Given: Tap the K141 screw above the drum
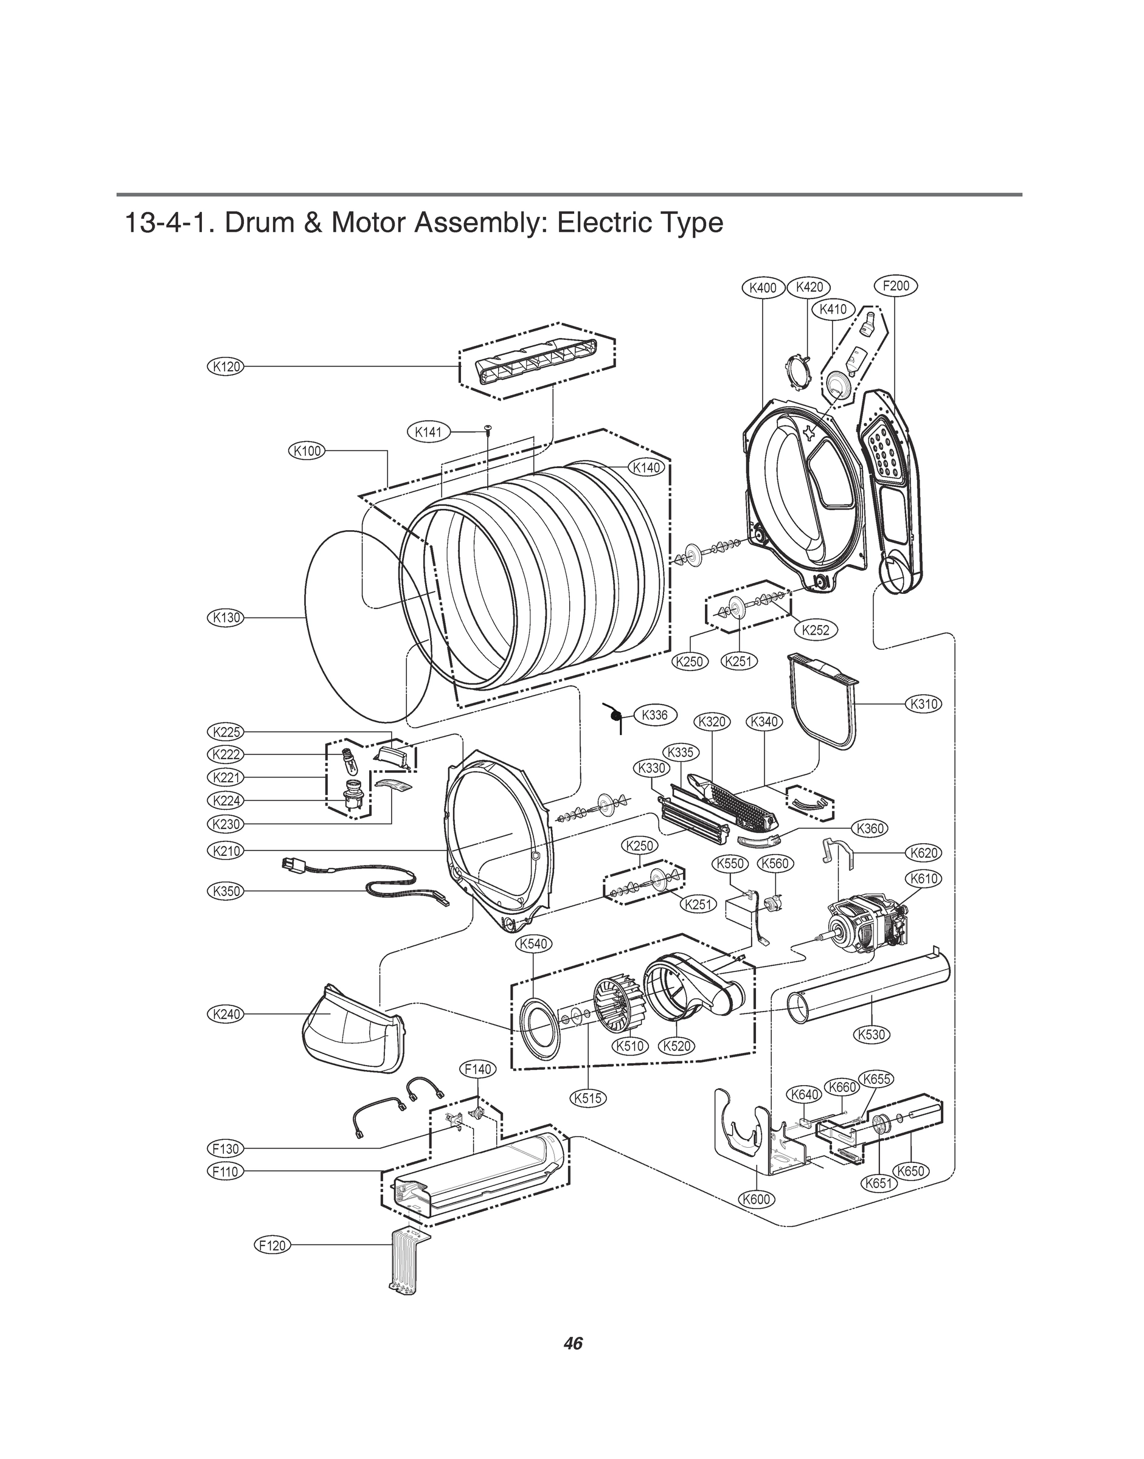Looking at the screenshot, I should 488,429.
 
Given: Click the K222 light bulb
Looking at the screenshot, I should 349,759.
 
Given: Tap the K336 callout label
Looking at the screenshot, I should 654,714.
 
